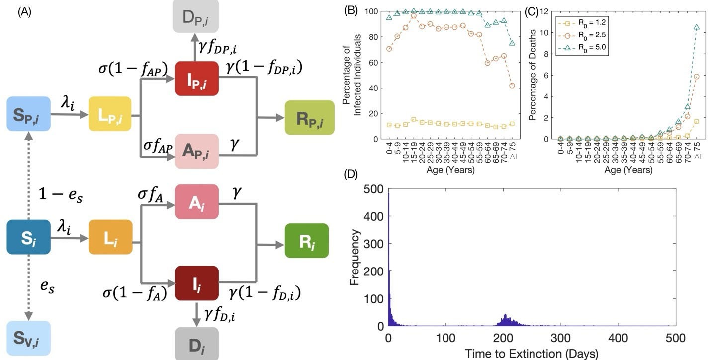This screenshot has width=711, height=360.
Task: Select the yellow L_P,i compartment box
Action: pos(109,114)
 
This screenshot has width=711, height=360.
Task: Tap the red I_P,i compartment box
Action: pos(197,78)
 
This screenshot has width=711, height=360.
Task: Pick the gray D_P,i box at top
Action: pos(197,18)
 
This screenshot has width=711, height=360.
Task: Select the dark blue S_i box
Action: pos(28,237)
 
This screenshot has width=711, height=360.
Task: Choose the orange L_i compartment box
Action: pos(110,237)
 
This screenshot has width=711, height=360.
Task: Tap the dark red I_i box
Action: pos(197,283)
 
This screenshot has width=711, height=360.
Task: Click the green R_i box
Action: pos(307,241)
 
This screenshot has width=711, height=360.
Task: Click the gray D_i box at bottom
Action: pos(197,344)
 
